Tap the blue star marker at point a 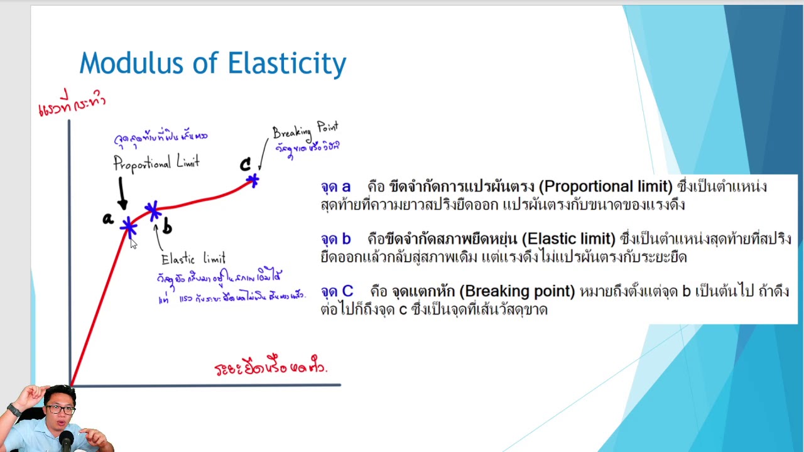pos(129,226)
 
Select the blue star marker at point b pos(152,210)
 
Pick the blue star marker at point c pos(253,181)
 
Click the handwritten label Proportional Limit pos(156,164)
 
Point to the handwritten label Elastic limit pos(193,259)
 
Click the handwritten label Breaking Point pos(305,130)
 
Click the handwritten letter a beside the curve pos(108,219)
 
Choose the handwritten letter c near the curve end pos(245,165)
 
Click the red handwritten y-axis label pos(72,104)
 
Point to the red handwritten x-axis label pos(270,367)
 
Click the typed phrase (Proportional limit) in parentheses pos(606,186)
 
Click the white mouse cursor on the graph pos(133,244)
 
